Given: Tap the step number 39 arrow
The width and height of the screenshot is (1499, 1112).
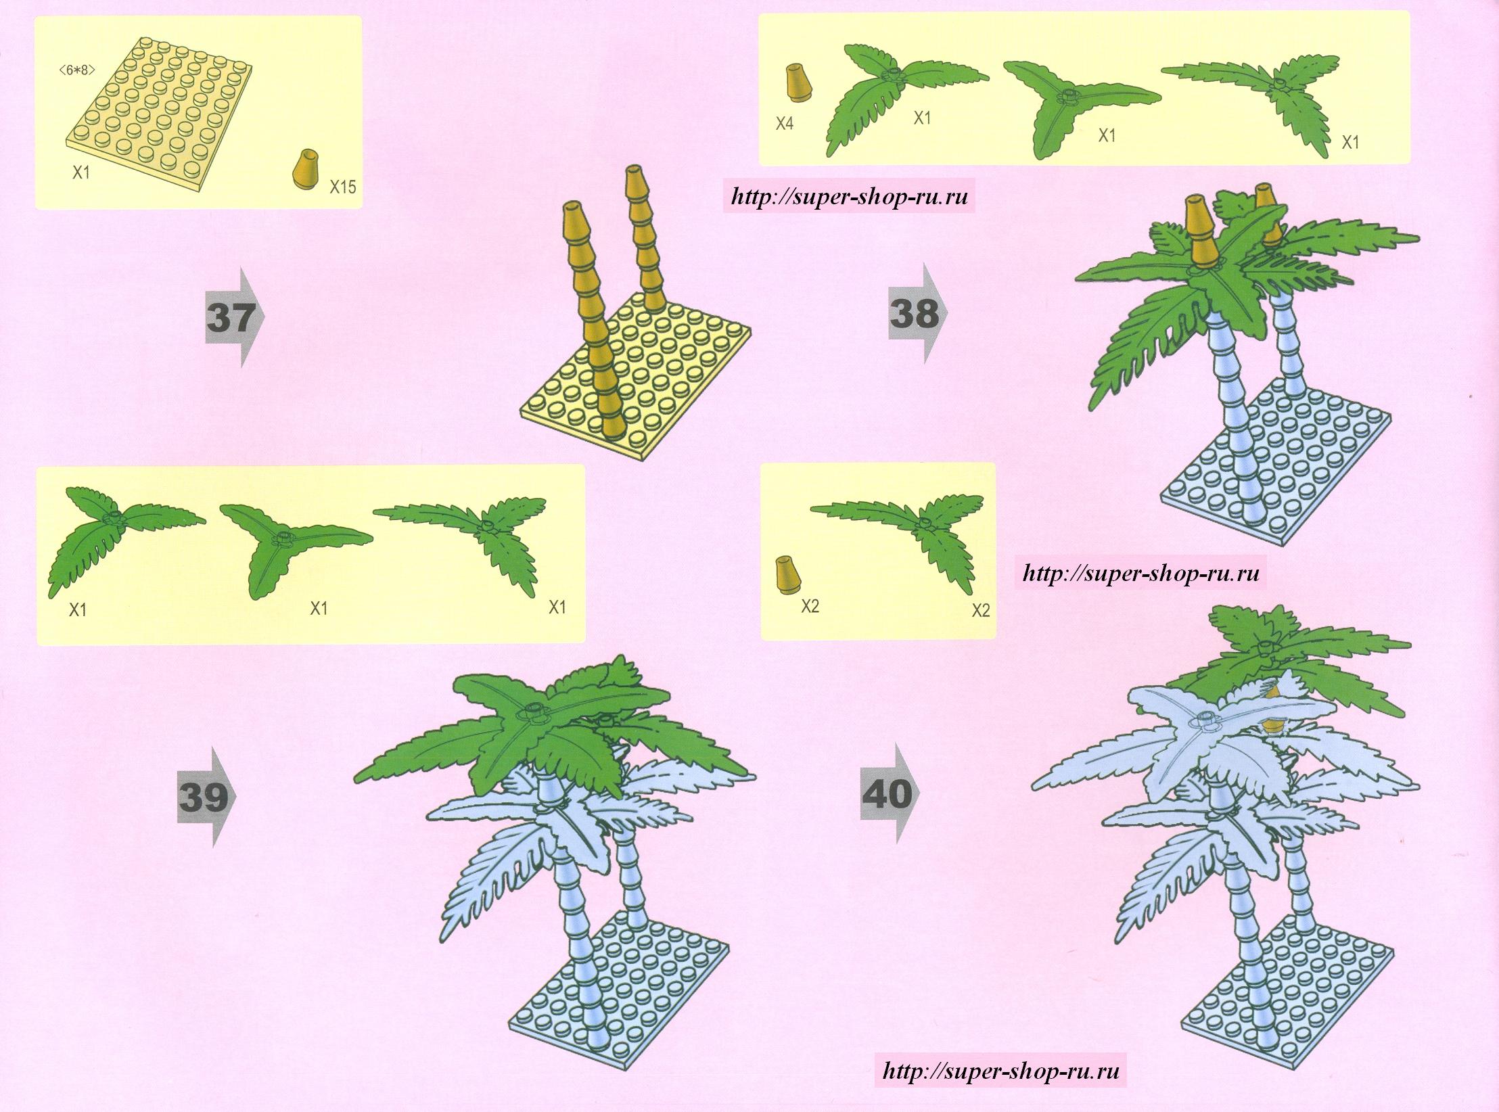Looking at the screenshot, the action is (207, 797).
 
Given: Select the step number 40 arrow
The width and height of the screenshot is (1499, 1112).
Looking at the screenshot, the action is (890, 793).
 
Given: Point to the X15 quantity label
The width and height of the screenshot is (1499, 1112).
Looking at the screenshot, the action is (342, 187).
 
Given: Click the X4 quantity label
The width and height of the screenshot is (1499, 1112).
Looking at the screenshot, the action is (784, 124).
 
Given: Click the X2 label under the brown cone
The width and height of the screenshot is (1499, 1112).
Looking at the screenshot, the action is (810, 606).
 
